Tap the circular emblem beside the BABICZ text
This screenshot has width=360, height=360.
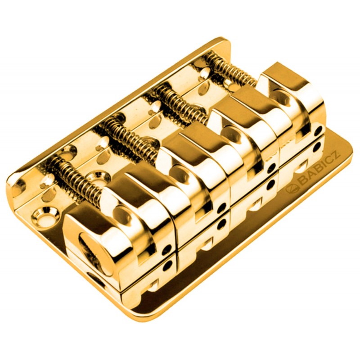292,189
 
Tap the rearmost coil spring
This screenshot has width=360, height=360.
232,68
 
